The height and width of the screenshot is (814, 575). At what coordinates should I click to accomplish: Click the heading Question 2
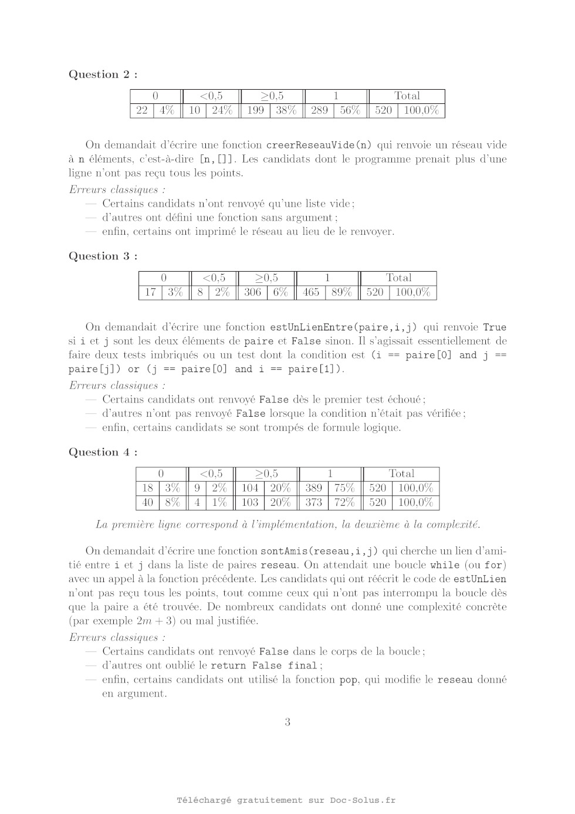pos(103,75)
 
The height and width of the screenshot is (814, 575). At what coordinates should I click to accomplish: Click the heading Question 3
pos(103,256)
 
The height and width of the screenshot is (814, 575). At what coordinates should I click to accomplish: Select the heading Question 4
pos(103,452)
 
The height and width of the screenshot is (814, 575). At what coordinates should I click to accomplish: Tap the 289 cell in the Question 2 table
pos(319,110)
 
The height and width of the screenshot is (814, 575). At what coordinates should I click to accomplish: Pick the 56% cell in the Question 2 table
pos(350,110)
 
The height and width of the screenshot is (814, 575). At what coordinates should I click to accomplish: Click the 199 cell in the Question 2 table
pos(255,110)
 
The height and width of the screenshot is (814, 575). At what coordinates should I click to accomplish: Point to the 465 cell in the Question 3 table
pos(311,292)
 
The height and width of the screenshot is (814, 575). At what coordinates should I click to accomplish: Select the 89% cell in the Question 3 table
pos(341,292)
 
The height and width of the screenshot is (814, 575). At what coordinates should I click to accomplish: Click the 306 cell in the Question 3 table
pos(252,292)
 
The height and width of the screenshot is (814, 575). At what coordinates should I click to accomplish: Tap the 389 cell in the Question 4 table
pos(314,488)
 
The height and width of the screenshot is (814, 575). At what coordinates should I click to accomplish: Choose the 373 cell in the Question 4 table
pos(314,502)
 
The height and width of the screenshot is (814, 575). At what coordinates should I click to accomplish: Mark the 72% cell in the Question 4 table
pos(344,502)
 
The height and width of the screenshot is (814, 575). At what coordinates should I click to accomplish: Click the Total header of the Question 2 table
pos(407,96)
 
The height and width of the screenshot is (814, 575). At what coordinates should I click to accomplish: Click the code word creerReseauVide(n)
pos(319,146)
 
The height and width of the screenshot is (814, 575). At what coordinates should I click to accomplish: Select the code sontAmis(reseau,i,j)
pos(319,551)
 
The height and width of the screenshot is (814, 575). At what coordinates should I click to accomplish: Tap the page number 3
pos(287,722)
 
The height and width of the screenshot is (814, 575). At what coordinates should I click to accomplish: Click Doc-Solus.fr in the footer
pos(363,801)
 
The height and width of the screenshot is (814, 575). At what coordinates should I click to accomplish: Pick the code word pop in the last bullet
pos(348,680)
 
